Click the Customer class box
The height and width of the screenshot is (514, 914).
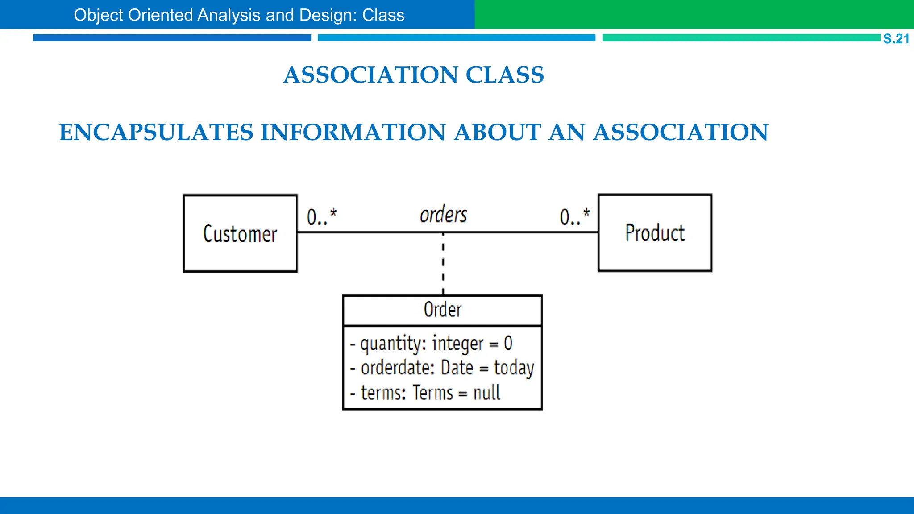coord(240,233)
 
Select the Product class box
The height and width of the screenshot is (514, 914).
coord(655,233)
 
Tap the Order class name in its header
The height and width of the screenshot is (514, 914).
coord(442,310)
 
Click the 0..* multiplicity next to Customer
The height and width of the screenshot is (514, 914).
coord(321,217)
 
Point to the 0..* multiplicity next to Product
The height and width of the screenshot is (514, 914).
coord(575,217)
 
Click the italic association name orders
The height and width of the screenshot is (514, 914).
coord(443,215)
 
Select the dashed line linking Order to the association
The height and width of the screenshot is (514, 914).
coord(443,263)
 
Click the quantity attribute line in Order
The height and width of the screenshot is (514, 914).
coord(431,344)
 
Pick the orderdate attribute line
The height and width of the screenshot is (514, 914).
coord(442,368)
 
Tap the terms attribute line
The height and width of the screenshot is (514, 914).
coord(425,393)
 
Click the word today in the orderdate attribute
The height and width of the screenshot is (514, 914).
coord(514,369)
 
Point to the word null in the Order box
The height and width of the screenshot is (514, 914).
coord(486,393)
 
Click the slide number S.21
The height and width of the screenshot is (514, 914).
coord(896,39)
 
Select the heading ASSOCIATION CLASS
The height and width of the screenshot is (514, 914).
coord(414,75)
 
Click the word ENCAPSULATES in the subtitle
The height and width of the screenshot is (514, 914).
coord(156,133)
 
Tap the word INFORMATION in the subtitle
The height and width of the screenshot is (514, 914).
coord(353,133)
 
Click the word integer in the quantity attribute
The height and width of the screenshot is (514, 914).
coord(457,344)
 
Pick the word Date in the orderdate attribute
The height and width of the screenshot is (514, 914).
coord(457,368)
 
